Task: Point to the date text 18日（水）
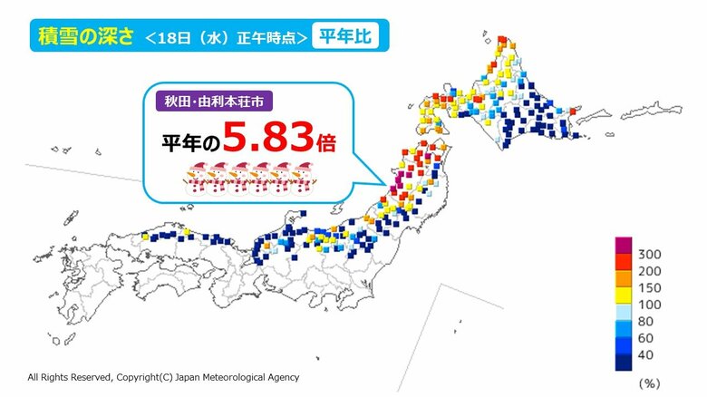pyautogui.click(x=204, y=37)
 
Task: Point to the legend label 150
pyautogui.click(x=651, y=291)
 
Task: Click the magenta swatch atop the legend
pyautogui.click(x=625, y=245)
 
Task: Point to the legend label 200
pyautogui.click(x=651, y=272)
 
